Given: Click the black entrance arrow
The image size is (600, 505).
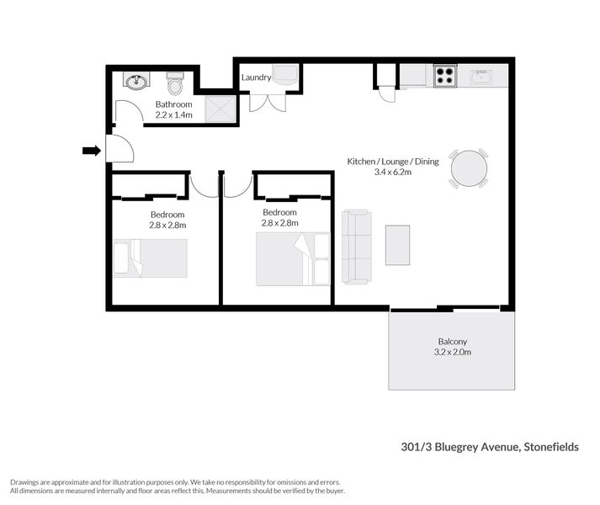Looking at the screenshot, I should (91, 151).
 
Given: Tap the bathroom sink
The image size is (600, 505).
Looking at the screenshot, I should (135, 82).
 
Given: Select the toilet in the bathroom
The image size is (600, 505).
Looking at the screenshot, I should (175, 84).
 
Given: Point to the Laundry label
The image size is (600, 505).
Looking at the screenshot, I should (256, 77).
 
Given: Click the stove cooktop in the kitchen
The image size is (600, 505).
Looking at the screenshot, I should (445, 77).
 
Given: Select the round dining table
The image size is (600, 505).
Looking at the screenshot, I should (469, 169).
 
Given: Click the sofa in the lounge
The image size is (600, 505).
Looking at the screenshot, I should (357, 247).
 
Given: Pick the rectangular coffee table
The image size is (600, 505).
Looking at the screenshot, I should (397, 245).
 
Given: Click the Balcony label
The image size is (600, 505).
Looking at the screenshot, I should (452, 341).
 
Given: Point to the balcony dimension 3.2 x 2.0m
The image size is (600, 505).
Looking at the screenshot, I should (452, 352).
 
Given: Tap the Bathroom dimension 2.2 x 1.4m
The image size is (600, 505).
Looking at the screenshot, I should (174, 114).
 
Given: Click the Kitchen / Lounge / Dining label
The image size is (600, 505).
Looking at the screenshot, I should (393, 161).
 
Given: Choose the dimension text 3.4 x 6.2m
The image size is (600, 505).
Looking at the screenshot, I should (393, 172).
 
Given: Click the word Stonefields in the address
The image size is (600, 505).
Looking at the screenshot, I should (550, 448).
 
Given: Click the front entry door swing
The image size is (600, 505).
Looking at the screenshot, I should (120, 150).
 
